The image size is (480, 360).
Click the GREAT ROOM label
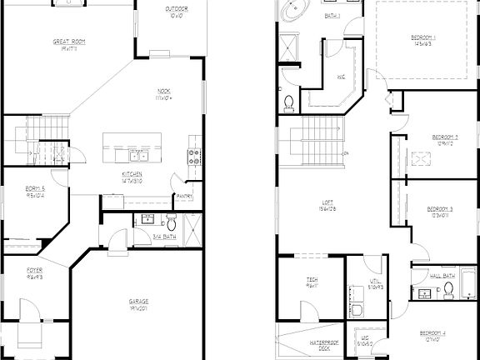click(69, 41)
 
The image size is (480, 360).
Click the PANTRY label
click(184, 197)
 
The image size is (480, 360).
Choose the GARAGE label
click(138, 302)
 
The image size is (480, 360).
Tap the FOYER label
click(34, 271)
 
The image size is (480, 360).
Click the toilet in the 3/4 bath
click(170, 224)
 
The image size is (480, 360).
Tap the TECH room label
click(312, 281)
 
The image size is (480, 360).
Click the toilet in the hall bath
click(447, 289)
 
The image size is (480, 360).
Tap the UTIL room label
click(376, 282)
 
